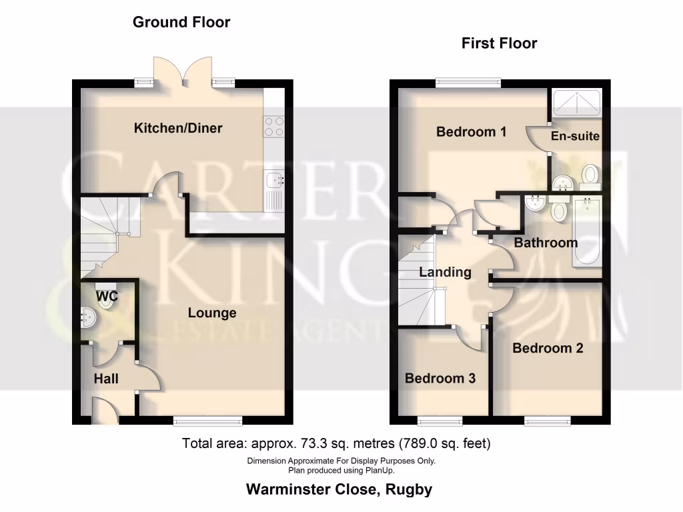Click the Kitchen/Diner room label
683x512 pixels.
pyautogui.click(x=178, y=128)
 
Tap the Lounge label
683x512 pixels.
pyautogui.click(x=212, y=313)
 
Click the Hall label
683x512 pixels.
pyautogui.click(x=106, y=379)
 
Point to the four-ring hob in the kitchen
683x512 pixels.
pyautogui.click(x=274, y=127)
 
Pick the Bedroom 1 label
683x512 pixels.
pyautogui.click(x=471, y=132)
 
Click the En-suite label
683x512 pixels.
pyautogui.click(x=575, y=136)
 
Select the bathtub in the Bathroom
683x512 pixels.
pyautogui.click(x=586, y=231)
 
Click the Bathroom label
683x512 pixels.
pyautogui.click(x=546, y=243)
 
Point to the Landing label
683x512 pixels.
pyautogui.click(x=445, y=272)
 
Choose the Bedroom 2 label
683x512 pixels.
pyautogui.click(x=548, y=348)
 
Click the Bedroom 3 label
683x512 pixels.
pyautogui.click(x=440, y=379)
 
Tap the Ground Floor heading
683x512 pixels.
pyautogui.click(x=181, y=22)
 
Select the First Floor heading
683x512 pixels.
pyautogui.click(x=499, y=43)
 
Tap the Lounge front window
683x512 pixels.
pyautogui.click(x=207, y=420)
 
